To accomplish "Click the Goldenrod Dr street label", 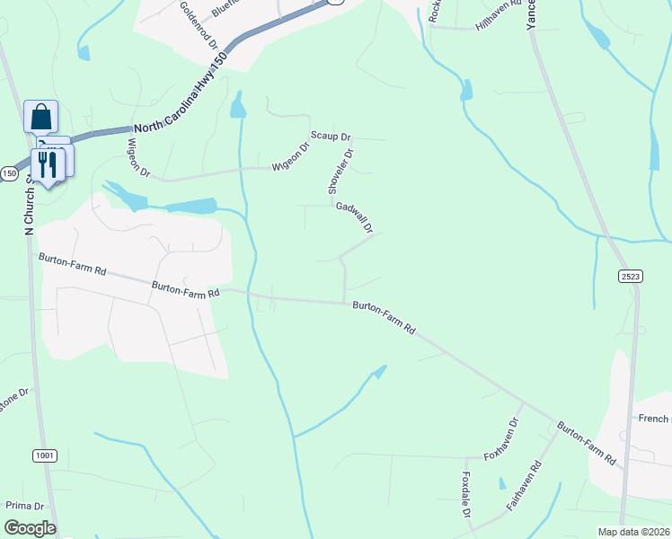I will pyautogui.click(x=199, y=24).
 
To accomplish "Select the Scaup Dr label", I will pyautogui.click(x=331, y=136).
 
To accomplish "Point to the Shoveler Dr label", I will pyautogui.click(x=340, y=172).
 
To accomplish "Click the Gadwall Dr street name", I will pyautogui.click(x=354, y=218).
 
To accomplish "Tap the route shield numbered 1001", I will pyautogui.click(x=44, y=456).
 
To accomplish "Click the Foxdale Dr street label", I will pyautogui.click(x=466, y=495).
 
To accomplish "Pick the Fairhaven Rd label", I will pyautogui.click(x=524, y=486).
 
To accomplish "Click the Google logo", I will pyautogui.click(x=30, y=528).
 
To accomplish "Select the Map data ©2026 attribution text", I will pyautogui.click(x=633, y=532).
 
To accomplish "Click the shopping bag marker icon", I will pyautogui.click(x=40, y=117).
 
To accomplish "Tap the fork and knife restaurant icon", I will pyautogui.click(x=47, y=164).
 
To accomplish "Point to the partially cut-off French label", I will pyautogui.click(x=654, y=419).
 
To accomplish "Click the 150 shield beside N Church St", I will pyautogui.click(x=8, y=173).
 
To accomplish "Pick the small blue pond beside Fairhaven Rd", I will pyautogui.click(x=501, y=482).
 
